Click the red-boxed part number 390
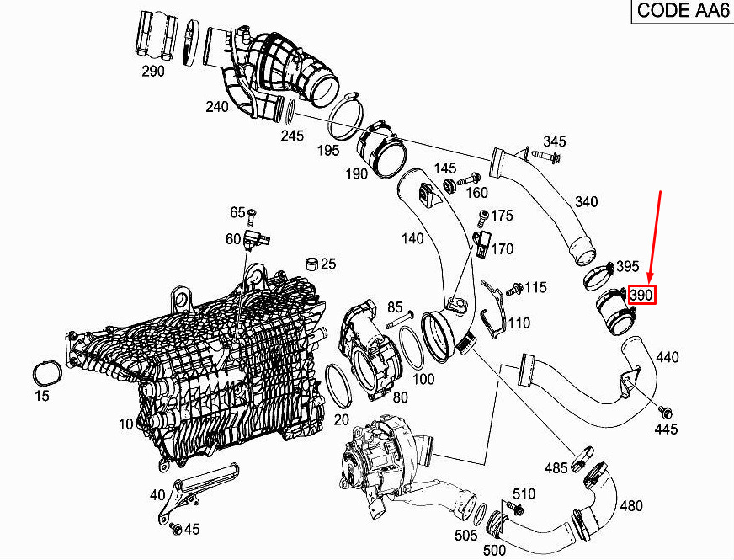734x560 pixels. click(x=641, y=295)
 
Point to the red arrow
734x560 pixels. click(x=654, y=237)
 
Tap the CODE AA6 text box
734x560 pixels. click(x=683, y=10)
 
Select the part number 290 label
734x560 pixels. click(x=153, y=72)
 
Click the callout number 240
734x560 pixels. click(x=217, y=107)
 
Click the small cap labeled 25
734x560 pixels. click(x=311, y=264)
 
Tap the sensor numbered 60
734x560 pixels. click(x=257, y=239)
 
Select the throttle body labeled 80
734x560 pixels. click(x=370, y=349)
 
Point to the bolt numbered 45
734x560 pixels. click(x=176, y=528)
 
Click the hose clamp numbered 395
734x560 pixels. click(x=598, y=275)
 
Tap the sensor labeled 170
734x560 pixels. click(x=481, y=243)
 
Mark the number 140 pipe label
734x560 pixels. click(x=412, y=239)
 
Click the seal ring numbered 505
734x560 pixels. click(x=480, y=515)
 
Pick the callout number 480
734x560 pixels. click(x=631, y=506)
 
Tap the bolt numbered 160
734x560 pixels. click(x=468, y=179)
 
